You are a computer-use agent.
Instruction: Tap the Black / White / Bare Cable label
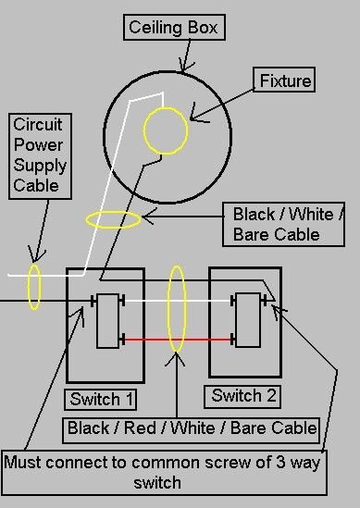(288, 224)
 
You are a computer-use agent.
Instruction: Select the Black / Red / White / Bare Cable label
(192, 428)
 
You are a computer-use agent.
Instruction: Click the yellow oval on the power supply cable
(34, 286)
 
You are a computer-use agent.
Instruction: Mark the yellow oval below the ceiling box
(112, 220)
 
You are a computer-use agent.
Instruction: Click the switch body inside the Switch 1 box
(107, 320)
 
